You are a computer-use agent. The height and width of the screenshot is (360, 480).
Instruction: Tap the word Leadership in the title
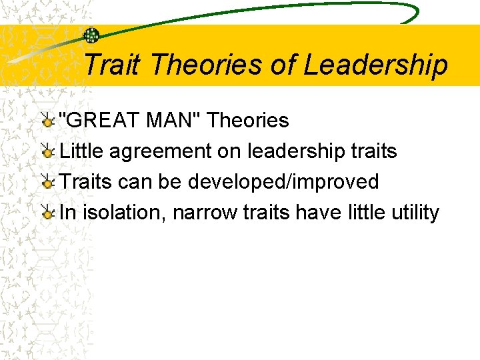tap(375, 65)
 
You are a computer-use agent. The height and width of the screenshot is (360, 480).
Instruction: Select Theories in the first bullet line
tap(248, 121)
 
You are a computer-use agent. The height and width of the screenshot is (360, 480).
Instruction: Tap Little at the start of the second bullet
tap(82, 151)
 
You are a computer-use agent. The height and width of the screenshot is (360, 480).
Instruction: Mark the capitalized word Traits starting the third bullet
tap(87, 182)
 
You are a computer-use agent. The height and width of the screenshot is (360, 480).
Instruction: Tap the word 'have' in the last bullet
tap(318, 213)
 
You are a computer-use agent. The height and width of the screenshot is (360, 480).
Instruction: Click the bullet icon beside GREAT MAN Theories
tap(47, 121)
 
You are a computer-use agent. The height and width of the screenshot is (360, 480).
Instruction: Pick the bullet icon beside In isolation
tap(47, 213)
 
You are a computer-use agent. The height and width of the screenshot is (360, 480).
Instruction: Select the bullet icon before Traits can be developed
tap(47, 182)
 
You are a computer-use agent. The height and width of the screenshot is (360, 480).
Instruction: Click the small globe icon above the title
tap(91, 35)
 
